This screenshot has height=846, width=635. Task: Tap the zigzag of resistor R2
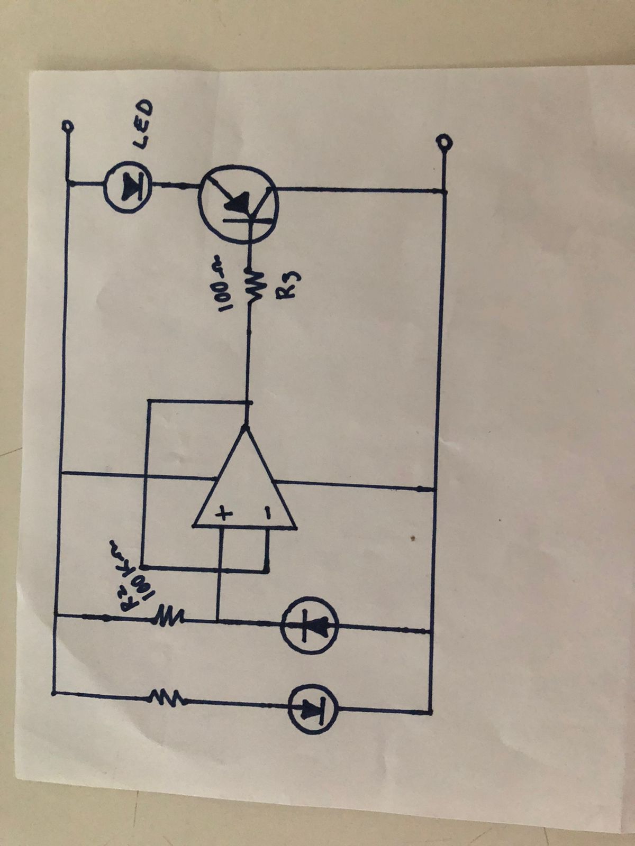(169, 616)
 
